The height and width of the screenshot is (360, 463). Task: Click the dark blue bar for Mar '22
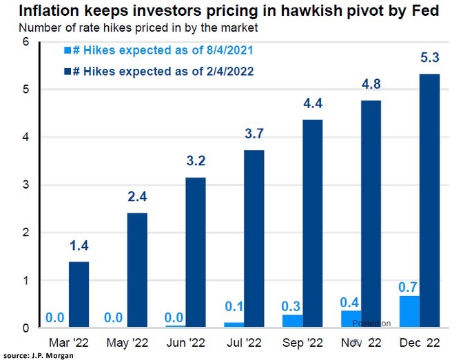click(x=78, y=295)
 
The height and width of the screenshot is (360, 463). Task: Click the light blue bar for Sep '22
click(x=293, y=321)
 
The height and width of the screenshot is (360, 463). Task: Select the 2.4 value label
click(x=136, y=197)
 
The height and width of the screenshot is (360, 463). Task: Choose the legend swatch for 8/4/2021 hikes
click(x=66, y=50)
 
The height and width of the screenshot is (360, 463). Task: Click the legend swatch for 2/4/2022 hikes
click(x=66, y=70)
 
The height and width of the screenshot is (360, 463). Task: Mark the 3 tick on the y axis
click(x=25, y=185)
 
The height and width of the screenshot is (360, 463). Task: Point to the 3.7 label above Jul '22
click(x=254, y=134)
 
